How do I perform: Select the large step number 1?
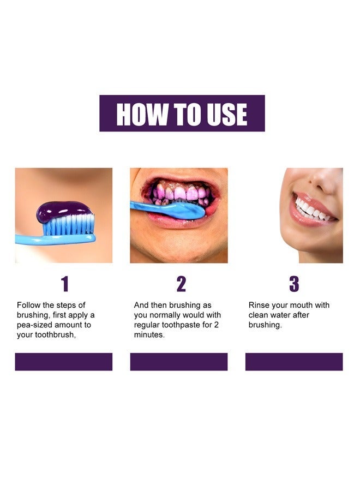(64, 284)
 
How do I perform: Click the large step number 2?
(181, 284)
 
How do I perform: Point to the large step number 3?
(294, 284)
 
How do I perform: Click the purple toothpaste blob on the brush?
(63, 211)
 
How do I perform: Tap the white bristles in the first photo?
(68, 225)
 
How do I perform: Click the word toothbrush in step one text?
(55, 335)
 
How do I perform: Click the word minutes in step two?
(149, 335)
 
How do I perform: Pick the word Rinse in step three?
(260, 306)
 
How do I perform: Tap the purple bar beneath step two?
(178, 362)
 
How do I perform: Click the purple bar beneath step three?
(294, 362)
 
